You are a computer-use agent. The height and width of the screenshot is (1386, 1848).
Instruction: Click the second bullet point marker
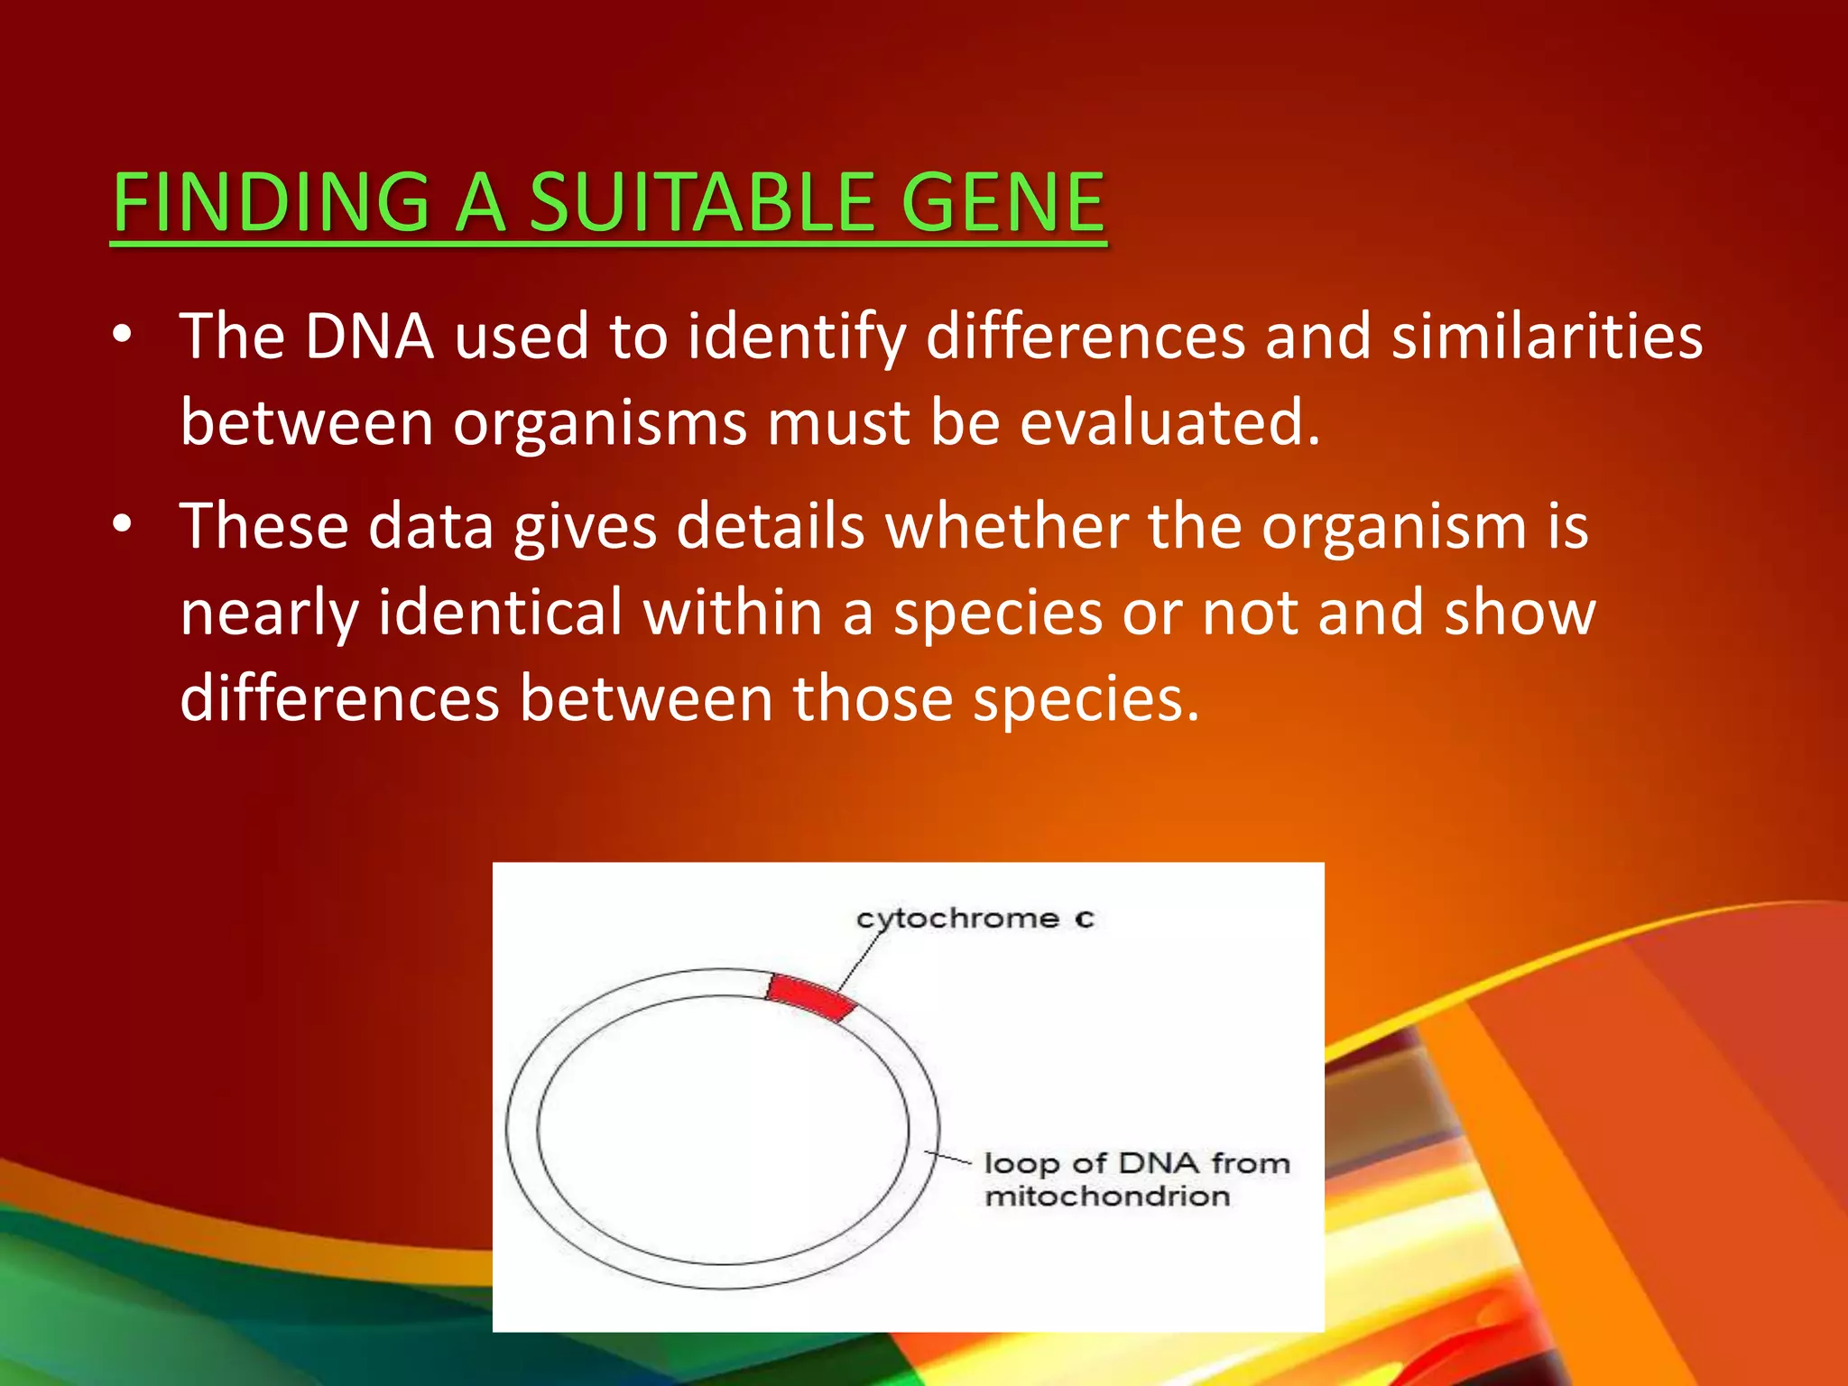(x=123, y=524)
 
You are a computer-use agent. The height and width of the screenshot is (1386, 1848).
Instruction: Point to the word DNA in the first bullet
(x=369, y=336)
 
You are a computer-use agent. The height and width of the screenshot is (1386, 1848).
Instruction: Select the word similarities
(x=1547, y=336)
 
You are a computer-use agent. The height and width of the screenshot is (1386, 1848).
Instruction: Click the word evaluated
(x=1169, y=421)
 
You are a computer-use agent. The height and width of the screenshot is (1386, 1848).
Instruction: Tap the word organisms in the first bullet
(x=599, y=423)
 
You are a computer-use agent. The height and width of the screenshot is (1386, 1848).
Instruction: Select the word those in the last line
(x=873, y=698)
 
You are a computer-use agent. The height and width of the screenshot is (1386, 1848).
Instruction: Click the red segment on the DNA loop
(x=810, y=996)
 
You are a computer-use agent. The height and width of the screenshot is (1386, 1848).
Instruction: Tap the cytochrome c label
(x=975, y=919)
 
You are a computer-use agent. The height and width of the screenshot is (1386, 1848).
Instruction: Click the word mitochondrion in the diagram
(x=1107, y=1197)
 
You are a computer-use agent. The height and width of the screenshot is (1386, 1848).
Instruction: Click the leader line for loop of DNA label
(x=947, y=1158)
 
